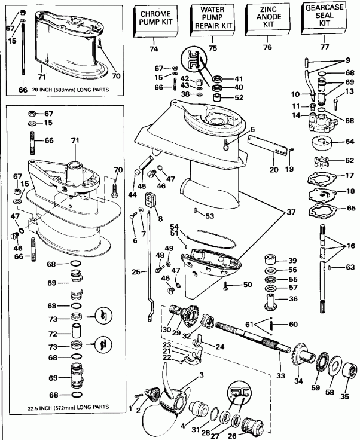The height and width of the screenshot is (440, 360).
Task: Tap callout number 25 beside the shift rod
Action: pos(136,272)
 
